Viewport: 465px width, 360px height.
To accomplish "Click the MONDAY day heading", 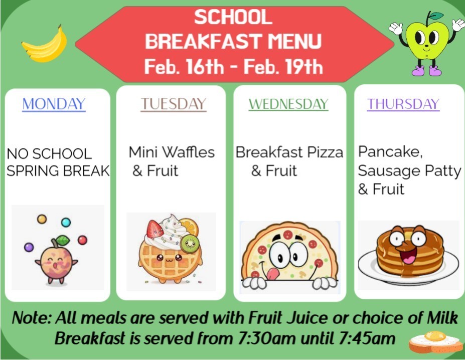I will pyautogui.click(x=54, y=104).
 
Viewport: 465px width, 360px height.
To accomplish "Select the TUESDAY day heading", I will pyautogui.click(x=174, y=104).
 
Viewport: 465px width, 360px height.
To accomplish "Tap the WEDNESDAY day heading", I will pyautogui.click(x=288, y=104).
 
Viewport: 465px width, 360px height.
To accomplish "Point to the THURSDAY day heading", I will pyautogui.click(x=403, y=104).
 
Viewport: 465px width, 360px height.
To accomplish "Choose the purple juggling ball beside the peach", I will pyautogui.click(x=29, y=247).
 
